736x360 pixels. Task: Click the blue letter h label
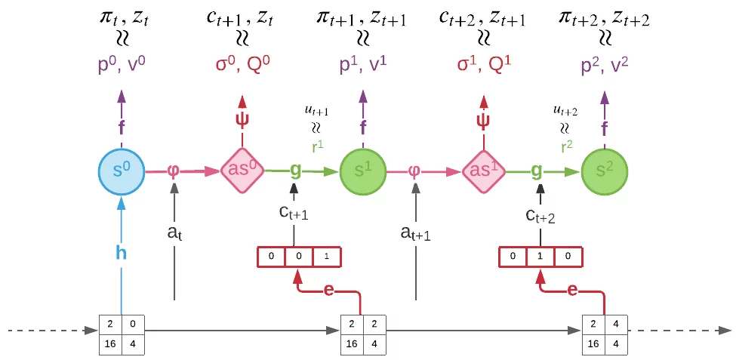121,252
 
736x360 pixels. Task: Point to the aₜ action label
175,235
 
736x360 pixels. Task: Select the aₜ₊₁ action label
416,235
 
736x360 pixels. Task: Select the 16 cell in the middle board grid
350,343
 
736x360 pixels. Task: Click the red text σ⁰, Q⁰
242,65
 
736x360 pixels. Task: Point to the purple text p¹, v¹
363,65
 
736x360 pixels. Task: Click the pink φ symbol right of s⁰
173,171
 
